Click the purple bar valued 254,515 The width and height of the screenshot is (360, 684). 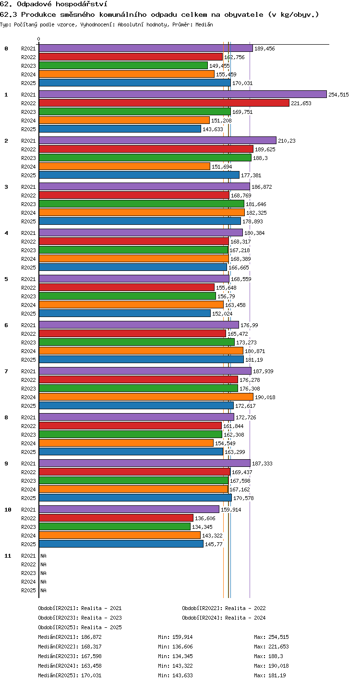coord(183,94)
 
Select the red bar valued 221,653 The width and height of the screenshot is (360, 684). coord(164,103)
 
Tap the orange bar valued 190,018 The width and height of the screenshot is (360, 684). coord(146,397)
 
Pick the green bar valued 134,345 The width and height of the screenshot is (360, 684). coord(115,527)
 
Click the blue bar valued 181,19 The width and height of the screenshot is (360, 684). coord(141,359)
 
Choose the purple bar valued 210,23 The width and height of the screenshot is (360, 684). coord(158,140)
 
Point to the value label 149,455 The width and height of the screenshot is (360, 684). coord(219,66)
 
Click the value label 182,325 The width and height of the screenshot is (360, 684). coord(257,213)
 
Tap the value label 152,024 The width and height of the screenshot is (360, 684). coord(222,314)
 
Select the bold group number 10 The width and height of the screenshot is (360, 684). coord(8,510)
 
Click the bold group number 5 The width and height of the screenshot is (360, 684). coord(6,279)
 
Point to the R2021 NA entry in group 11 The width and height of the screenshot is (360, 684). coord(43,556)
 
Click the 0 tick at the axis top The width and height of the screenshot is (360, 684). coord(39,39)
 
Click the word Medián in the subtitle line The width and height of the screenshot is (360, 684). coord(204,24)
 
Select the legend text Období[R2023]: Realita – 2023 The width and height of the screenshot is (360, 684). coord(80,618)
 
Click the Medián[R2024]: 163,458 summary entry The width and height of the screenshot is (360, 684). coord(70,666)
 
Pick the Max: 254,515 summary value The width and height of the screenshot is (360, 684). coord(271,637)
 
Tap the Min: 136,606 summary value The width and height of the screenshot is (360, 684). coord(175,647)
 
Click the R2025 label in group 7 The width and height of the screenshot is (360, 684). coord(28,406)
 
